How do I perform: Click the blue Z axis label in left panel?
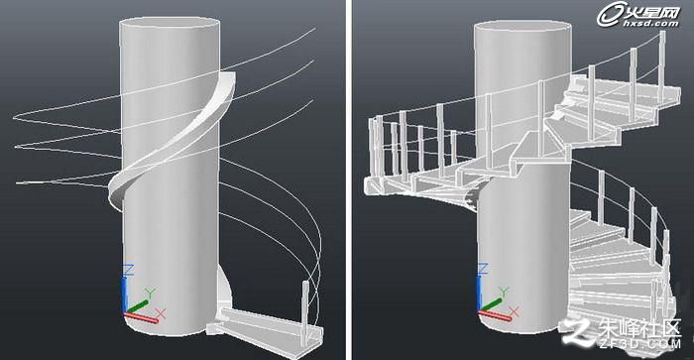click(128, 269)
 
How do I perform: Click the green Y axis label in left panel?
click(151, 293)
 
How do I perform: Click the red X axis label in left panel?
click(161, 314)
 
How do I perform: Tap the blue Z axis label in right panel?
click(483, 269)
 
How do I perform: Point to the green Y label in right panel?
click(504, 292)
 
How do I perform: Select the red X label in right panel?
click(514, 312)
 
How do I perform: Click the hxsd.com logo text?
click(650, 23)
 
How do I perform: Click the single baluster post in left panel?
click(305, 312)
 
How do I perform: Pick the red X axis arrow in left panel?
click(141, 317)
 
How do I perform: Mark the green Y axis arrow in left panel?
click(137, 306)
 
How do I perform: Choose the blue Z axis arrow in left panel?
click(125, 294)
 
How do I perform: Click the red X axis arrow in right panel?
click(495, 315)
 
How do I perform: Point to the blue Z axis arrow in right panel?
click(479, 293)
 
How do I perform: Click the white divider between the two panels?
click(349, 180)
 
